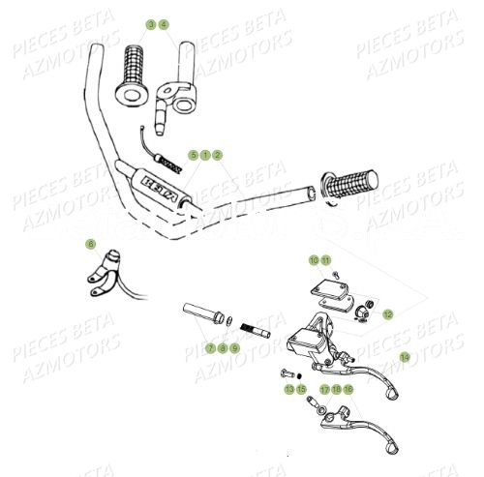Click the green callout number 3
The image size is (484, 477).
(151, 22)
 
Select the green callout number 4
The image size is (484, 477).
(163, 22)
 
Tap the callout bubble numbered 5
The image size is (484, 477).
(193, 155)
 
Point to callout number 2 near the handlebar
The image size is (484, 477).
(218, 155)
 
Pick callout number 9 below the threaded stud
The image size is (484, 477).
(234, 347)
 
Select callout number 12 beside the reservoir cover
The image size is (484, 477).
(387, 314)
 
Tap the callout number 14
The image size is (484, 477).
(405, 356)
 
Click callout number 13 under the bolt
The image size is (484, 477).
(287, 389)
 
